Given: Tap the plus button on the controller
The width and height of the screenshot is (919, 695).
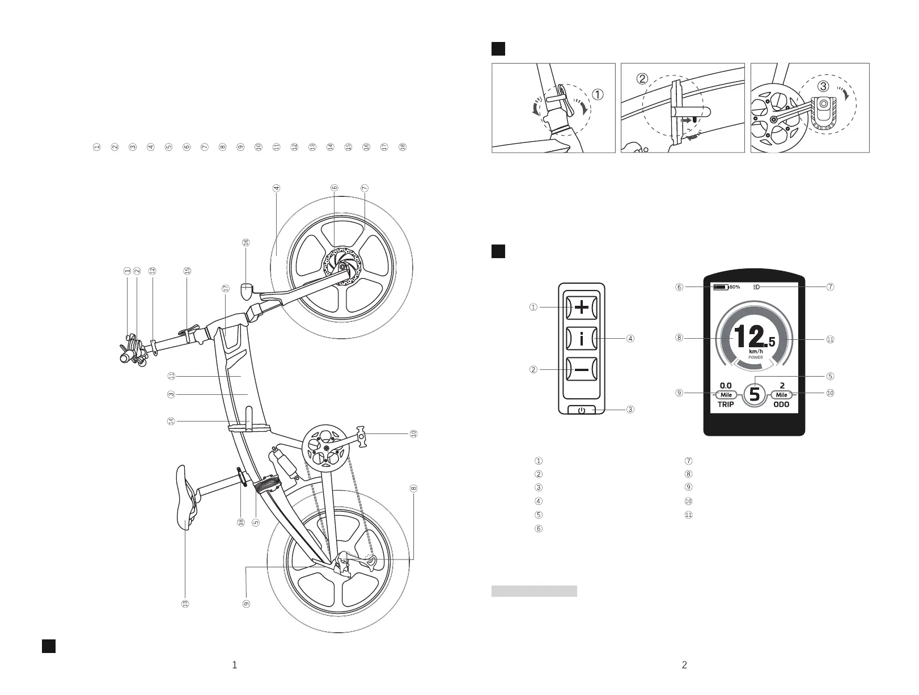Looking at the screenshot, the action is coord(582,308).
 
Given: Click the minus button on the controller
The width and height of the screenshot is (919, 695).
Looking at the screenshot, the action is coord(582,370).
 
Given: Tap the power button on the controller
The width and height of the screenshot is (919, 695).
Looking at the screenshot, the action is coord(582,410).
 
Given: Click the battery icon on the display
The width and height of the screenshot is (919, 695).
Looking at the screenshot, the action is coord(721,287).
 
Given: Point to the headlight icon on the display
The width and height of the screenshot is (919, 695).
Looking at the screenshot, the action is coord(757,287).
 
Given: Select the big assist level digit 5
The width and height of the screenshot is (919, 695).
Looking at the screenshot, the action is coord(755,393).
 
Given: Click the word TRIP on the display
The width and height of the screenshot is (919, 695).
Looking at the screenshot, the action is coord(726,405).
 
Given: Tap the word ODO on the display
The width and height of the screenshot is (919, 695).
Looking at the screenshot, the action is coord(782,405).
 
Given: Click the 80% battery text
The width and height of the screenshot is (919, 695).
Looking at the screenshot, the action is coord(735,287).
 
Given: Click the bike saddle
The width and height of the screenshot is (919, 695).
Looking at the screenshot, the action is coord(186,497).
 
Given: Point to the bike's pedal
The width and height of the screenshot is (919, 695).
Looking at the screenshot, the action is coord(363,434).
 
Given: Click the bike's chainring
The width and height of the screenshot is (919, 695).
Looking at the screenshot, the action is coord(326,448).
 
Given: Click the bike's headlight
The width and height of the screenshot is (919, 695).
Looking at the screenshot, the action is coord(247,290).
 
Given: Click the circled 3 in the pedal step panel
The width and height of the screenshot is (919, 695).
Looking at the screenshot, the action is coord(823,86).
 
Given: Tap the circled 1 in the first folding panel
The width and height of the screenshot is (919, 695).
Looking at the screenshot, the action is coord(599,95).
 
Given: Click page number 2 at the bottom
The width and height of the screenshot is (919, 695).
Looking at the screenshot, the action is coord(684,665).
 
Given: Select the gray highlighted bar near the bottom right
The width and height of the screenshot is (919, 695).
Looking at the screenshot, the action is coord(534,591).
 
